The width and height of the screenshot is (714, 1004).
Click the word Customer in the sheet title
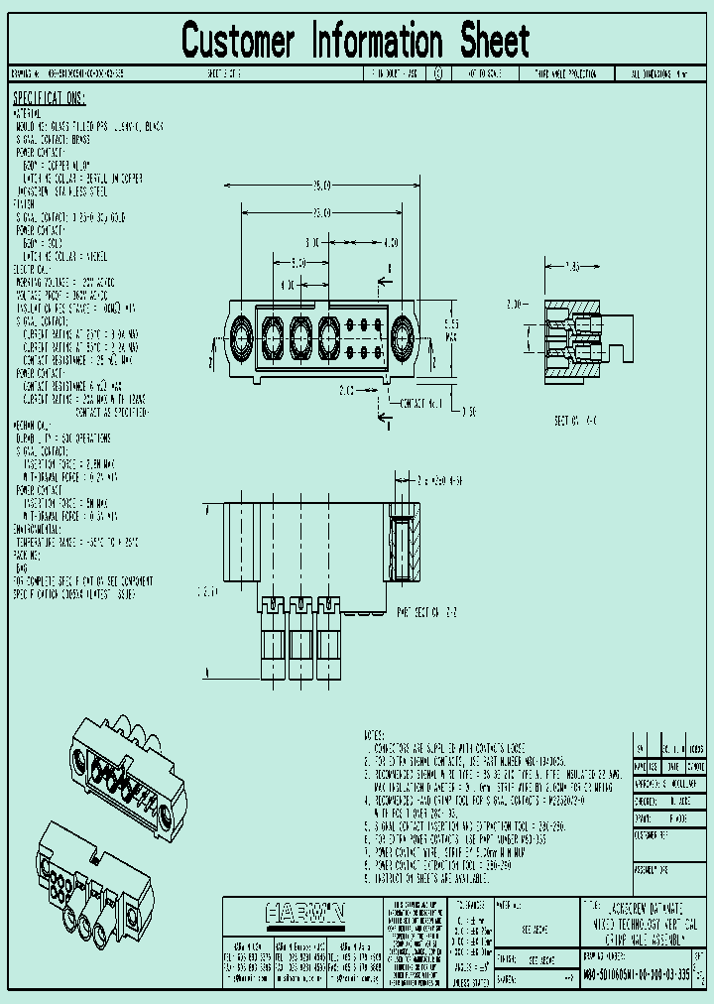pos(238,42)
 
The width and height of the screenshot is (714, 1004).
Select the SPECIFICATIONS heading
pos(50,98)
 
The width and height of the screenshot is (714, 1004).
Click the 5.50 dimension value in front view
pos(298,263)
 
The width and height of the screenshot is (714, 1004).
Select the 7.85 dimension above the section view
pos(572,268)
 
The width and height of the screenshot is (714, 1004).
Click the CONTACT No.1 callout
pos(420,405)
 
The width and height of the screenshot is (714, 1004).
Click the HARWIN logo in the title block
pos(303,911)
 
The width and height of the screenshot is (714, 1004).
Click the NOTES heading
pos(375,735)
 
